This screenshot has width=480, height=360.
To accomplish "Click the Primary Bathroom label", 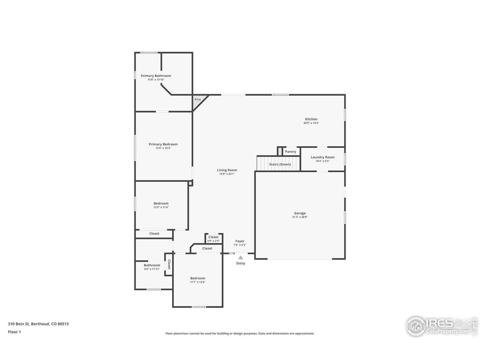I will coord(156,76).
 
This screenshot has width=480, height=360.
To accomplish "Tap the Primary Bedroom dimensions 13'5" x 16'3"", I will coord(163,148).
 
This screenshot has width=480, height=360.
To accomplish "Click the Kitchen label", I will coord(311,119).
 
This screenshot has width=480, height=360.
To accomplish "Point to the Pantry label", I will coord(290,152).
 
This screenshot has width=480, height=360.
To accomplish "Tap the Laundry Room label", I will coord(322,157).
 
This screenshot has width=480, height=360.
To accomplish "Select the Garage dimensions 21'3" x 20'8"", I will coord(300,217).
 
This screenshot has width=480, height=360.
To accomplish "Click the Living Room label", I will coord(227,170).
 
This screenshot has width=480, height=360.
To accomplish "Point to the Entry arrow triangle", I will coord(240,258).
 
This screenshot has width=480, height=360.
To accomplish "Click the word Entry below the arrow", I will coord(240,263).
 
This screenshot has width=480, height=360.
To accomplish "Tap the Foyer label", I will coord(240,241).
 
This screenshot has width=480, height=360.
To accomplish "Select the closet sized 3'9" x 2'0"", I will coord(213,238).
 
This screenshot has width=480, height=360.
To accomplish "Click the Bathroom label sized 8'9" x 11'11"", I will coord(152,265).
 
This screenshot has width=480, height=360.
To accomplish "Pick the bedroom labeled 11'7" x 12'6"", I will coord(198,280).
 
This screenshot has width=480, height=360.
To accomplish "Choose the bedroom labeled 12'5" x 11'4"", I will coord(161,205).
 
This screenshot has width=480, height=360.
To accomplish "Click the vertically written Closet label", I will coord(169,264).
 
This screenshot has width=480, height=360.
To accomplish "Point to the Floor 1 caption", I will coord(14,331).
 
